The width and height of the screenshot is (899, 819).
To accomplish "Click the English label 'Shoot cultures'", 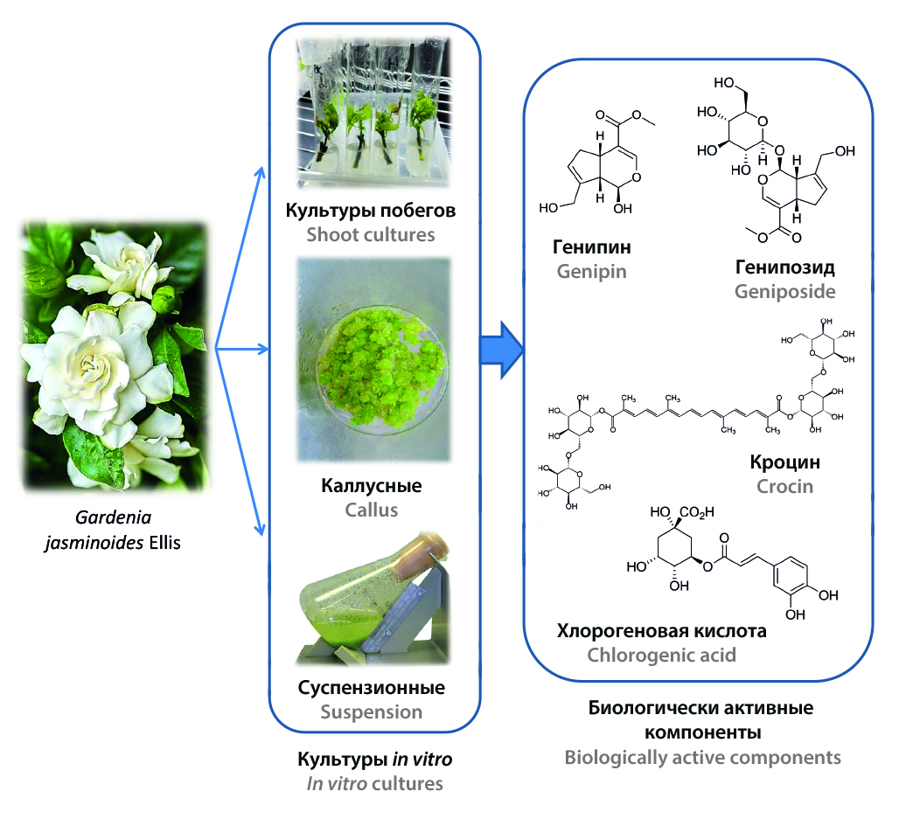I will tap(372, 234).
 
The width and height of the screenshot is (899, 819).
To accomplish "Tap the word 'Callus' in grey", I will tap(372, 510).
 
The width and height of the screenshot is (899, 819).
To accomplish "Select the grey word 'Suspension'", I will tap(372, 711).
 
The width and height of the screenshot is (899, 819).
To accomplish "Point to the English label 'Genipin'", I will tap(593, 271).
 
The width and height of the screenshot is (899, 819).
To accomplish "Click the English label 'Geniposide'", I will tap(784, 290).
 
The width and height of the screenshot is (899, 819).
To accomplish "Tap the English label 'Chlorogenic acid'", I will tap(661, 654).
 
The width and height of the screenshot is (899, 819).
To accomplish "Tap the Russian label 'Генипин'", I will tap(593, 247).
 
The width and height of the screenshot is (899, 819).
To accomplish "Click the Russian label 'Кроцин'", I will tap(784, 462).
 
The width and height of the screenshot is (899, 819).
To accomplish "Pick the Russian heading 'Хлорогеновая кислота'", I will tap(661, 630).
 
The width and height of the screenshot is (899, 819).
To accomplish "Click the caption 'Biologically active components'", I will tap(702, 757).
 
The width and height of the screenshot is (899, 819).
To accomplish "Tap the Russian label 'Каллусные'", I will tap(372, 485).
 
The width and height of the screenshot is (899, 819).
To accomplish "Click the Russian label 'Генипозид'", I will tap(784, 267).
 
